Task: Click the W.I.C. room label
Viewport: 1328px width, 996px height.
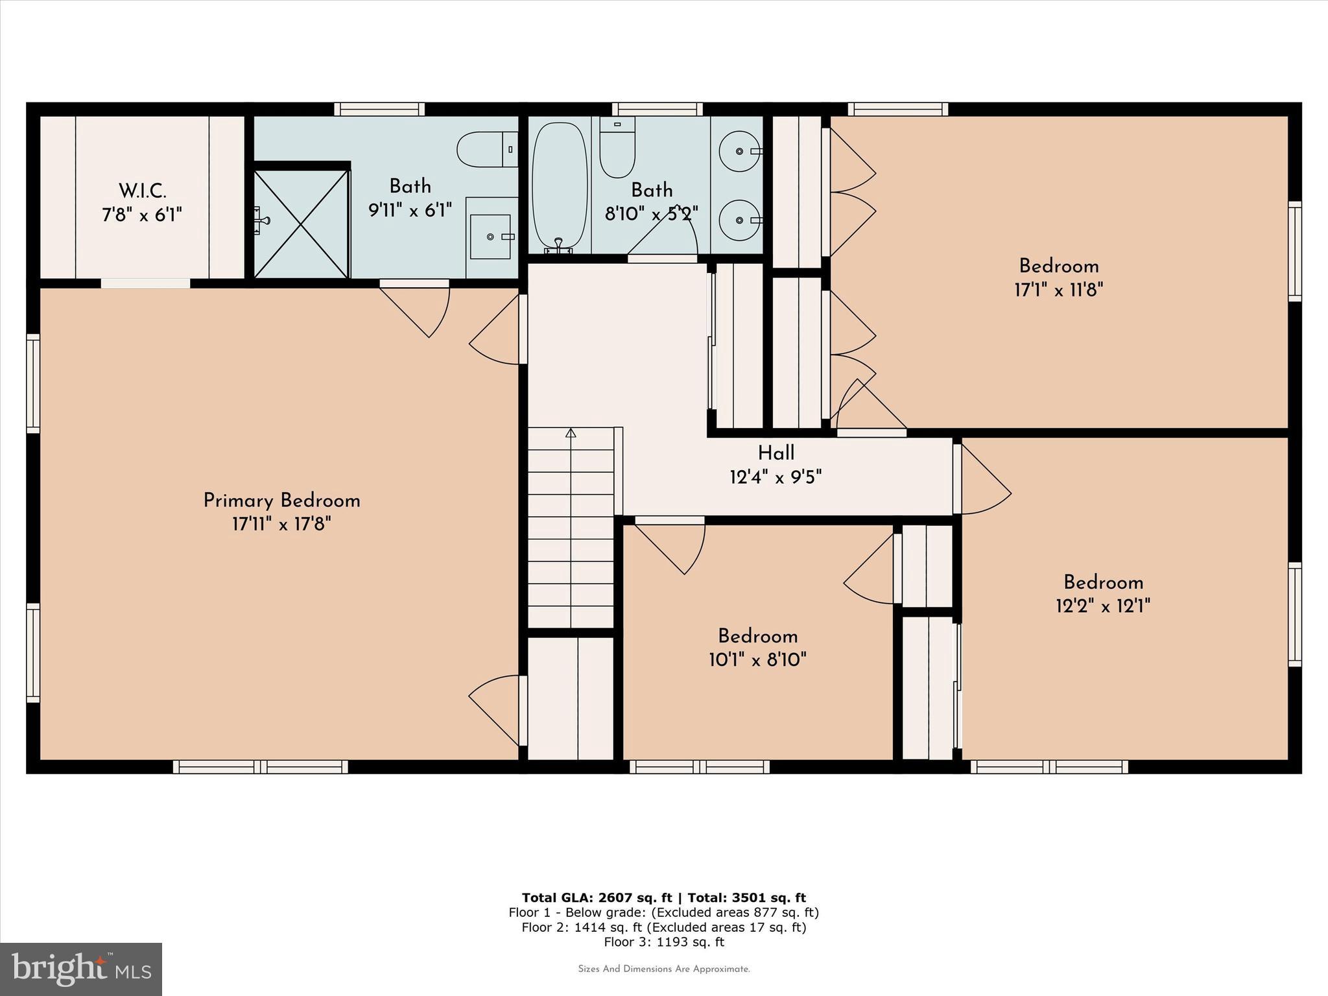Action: click(142, 191)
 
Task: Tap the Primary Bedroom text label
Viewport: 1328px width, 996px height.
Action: click(281, 501)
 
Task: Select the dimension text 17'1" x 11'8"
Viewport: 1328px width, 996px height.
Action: click(1058, 290)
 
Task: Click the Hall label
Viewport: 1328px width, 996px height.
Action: click(776, 453)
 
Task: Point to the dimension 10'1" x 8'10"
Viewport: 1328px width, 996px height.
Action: click(757, 660)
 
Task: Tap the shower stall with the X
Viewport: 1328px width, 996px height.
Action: click(301, 224)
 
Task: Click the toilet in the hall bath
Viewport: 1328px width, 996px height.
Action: click(617, 148)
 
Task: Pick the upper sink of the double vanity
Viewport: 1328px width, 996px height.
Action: click(739, 151)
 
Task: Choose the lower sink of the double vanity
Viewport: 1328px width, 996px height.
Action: click(739, 220)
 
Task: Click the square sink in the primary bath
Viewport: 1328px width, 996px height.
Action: click(490, 237)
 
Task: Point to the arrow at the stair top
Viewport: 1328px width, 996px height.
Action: click(571, 433)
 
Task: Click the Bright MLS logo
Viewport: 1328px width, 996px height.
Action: click(80, 969)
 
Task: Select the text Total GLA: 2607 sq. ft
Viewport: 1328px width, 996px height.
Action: click(597, 898)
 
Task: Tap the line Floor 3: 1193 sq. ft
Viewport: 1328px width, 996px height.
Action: click(663, 942)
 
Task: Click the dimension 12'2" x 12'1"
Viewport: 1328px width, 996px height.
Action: click(1102, 606)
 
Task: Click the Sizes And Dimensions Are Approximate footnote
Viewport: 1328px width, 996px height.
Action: click(663, 969)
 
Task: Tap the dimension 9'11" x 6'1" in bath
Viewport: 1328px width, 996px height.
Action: click(410, 210)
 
